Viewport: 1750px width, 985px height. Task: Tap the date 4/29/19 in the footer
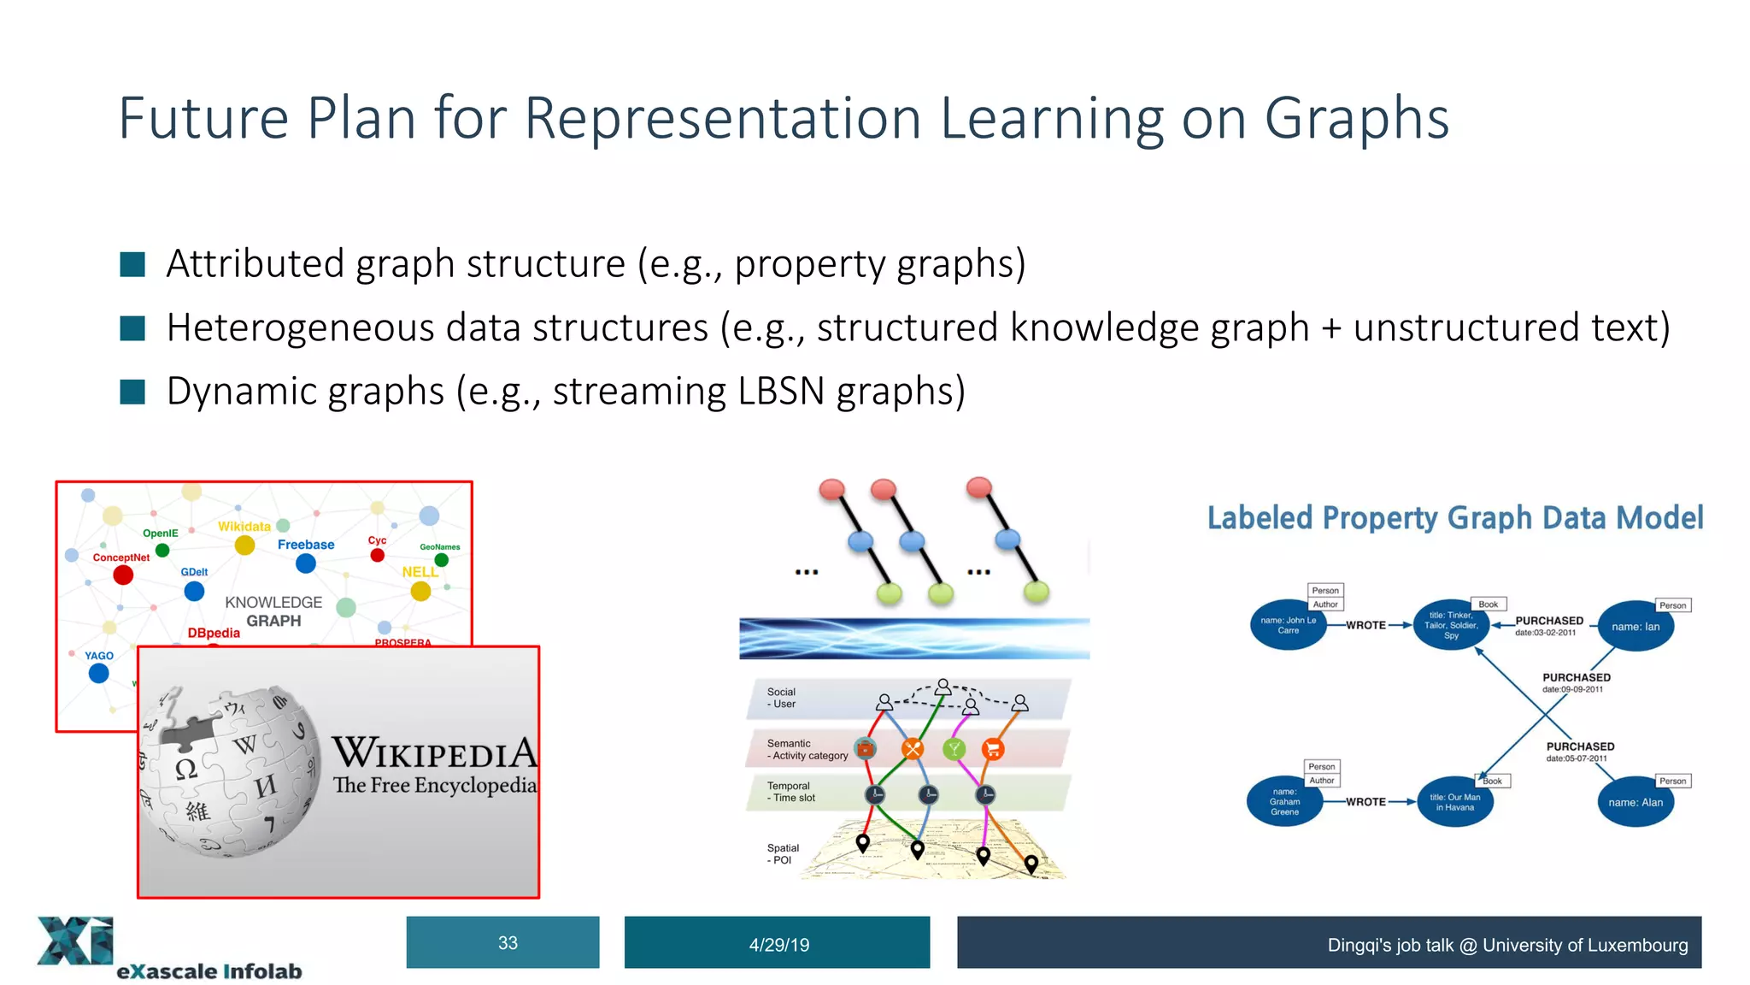click(x=778, y=944)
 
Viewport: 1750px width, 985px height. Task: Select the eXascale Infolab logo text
click(x=209, y=971)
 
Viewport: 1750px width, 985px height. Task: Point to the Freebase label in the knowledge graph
click(x=306, y=545)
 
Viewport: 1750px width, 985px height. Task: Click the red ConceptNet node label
click(x=121, y=557)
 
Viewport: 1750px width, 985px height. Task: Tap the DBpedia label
click(x=214, y=633)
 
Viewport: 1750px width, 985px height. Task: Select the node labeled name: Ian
click(x=1635, y=626)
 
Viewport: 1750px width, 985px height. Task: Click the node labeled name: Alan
click(x=1635, y=802)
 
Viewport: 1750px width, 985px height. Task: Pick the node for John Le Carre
click(x=1288, y=626)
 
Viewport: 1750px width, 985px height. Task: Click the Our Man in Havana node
click(x=1454, y=802)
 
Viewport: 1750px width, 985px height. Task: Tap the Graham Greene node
click(x=1284, y=802)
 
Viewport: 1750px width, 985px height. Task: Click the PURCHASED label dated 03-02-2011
click(x=1548, y=621)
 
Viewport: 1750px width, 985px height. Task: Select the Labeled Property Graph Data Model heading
click(x=1454, y=518)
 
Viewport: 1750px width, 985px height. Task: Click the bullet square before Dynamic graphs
click(x=132, y=392)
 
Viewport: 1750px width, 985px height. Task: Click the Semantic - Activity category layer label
click(x=807, y=750)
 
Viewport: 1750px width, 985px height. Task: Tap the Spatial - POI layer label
click(x=782, y=854)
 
